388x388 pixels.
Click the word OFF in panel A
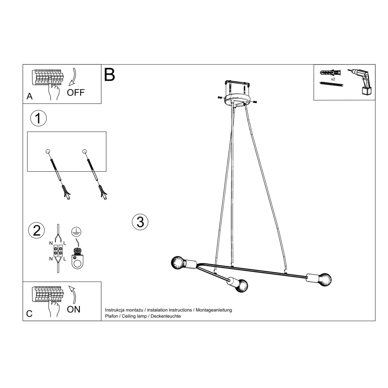coord(76,92)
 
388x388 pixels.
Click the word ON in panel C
coord(73,309)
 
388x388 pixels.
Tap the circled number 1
coord(39,118)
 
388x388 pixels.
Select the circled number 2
coord(37,230)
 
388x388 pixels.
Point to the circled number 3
coord(140,222)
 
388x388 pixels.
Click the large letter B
coord(109,75)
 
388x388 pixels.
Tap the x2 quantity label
coord(333,79)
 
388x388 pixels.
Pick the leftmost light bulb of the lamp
coord(179,263)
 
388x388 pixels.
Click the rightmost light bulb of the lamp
coord(324,280)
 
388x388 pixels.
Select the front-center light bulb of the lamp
coord(241,286)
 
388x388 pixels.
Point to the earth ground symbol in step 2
coord(77,232)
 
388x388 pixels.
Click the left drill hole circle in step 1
coord(48,152)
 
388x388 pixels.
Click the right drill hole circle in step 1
coord(84,152)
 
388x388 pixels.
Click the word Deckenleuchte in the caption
coord(166,316)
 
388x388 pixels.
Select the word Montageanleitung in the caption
coord(214,310)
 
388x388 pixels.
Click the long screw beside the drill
coord(331,84)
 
